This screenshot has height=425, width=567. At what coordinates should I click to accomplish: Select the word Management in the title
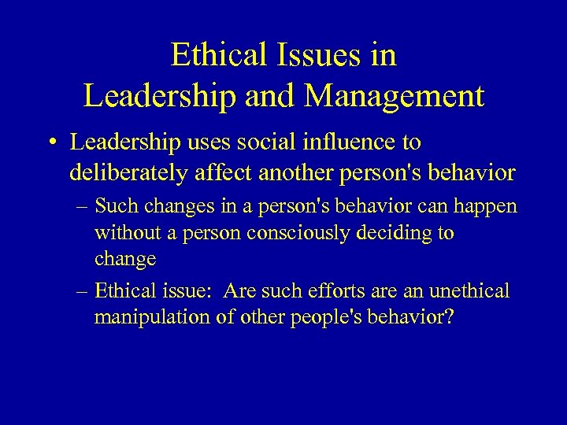point(395,96)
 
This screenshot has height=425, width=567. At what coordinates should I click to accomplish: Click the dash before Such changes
point(83,206)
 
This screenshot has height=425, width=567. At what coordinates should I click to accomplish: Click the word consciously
point(292,234)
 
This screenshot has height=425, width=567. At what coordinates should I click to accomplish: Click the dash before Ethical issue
point(83,291)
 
